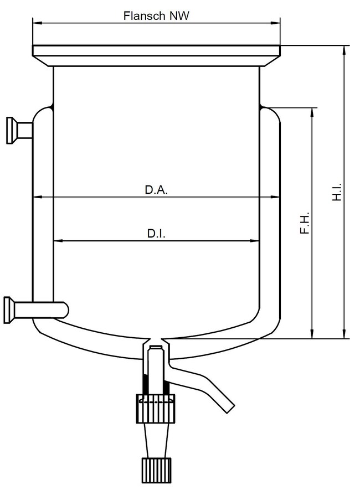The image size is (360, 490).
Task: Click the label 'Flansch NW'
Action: click(x=156, y=16)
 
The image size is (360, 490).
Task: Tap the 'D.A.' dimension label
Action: click(x=156, y=189)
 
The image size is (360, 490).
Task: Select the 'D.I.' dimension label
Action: click(x=157, y=234)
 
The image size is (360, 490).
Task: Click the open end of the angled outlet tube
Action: click(x=228, y=408)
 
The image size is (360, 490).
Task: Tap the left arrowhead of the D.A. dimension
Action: click(x=37, y=197)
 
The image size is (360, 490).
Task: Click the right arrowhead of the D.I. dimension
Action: click(x=256, y=241)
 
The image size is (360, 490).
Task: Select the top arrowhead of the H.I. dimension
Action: click(x=345, y=49)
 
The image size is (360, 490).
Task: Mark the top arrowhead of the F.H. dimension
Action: click(x=313, y=111)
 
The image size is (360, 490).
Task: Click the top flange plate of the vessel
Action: click(x=156, y=50)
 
